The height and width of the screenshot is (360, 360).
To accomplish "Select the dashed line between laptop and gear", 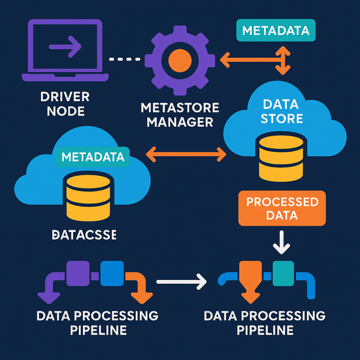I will pos(124,59).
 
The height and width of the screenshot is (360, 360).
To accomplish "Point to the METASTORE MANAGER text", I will pos(180,115).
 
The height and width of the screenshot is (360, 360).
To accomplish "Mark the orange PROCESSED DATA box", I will pos(282,209).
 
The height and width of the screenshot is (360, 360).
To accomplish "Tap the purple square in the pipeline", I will pos(78,273).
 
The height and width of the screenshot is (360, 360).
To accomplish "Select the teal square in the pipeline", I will pos(283,273).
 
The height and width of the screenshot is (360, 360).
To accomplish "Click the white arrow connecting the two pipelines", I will pos(180,282).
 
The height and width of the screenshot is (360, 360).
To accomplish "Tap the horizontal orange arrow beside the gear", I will pos(244,60).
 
